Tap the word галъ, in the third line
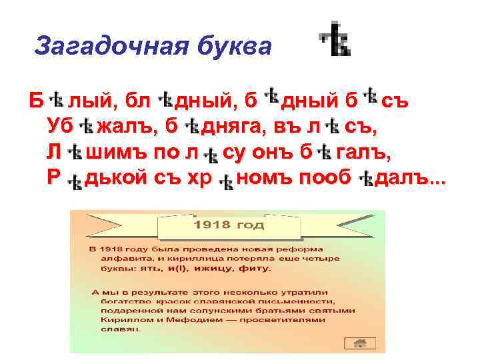point(364,153)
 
